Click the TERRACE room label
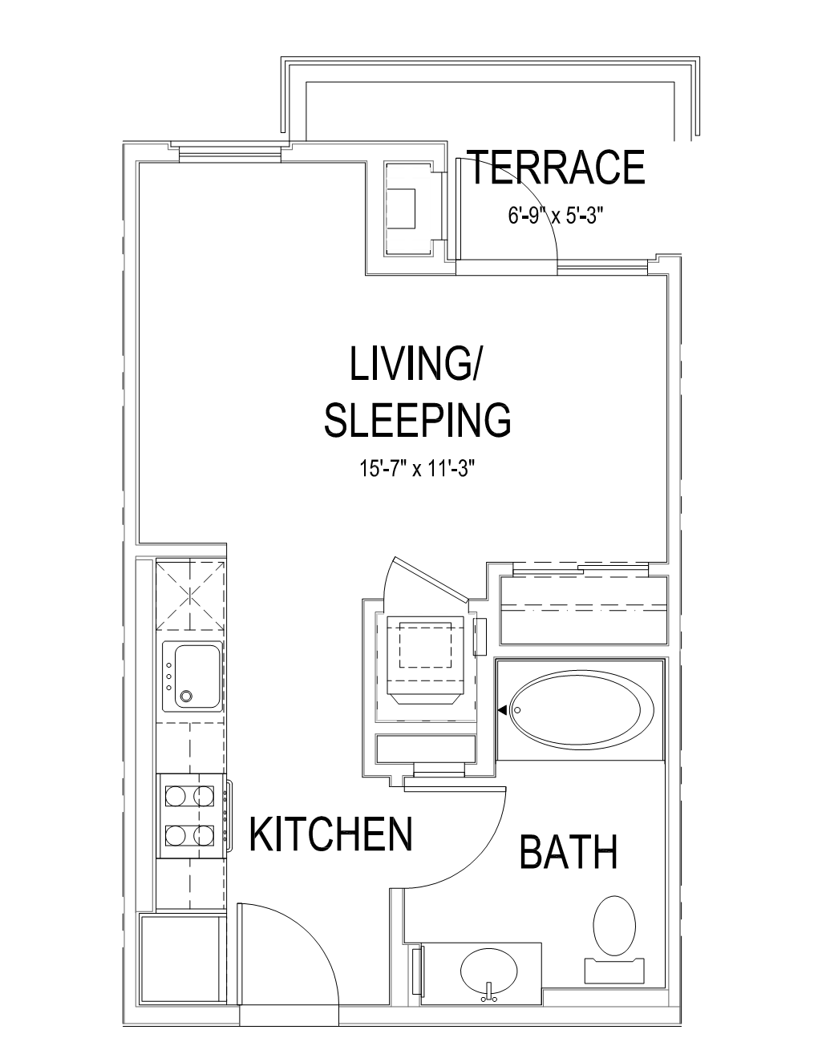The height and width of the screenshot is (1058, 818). [x=557, y=167]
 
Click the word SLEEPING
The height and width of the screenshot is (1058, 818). [x=418, y=419]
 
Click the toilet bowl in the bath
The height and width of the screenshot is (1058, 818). [x=615, y=926]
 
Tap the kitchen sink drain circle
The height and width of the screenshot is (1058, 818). [x=185, y=697]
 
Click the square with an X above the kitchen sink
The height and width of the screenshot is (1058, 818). [x=191, y=596]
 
